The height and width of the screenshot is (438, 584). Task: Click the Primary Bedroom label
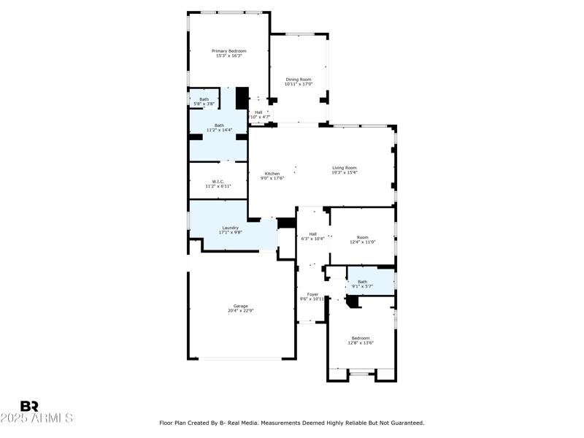click(228, 51)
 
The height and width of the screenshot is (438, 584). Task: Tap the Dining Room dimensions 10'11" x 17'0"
click(298, 84)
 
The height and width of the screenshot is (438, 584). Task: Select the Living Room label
click(345, 168)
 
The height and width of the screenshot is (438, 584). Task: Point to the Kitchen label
click(272, 173)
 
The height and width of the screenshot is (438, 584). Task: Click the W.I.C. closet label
click(218, 181)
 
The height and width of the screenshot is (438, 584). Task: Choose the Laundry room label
click(231, 228)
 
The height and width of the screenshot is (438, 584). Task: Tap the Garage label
click(240, 306)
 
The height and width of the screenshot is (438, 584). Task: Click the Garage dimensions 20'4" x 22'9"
click(240, 311)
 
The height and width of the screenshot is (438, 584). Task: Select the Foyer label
click(312, 294)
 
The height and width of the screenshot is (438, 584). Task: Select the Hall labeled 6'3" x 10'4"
click(312, 234)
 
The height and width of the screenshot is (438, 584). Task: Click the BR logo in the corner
click(29, 407)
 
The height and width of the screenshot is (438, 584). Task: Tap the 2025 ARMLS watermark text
click(36, 418)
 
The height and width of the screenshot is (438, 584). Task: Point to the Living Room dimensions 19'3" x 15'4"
click(345, 173)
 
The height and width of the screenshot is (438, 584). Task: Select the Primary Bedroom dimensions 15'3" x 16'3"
click(228, 56)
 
